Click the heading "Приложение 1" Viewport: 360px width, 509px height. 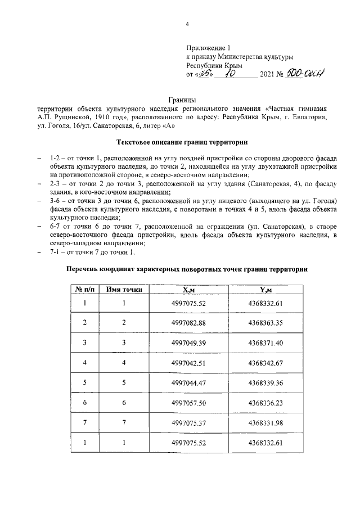pyautogui.click(x=208, y=48)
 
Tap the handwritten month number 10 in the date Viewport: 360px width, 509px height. pyautogui.click(x=229, y=73)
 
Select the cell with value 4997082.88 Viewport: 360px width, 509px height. pyautogui.click(x=189, y=322)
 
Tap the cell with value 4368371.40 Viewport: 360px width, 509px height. pyautogui.click(x=265, y=342)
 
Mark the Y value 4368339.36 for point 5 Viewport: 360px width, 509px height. pyautogui.click(x=265, y=382)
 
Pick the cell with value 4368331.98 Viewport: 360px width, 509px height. pyautogui.click(x=265, y=422)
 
